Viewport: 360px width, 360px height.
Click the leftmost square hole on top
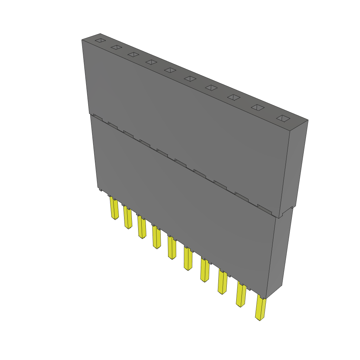100,40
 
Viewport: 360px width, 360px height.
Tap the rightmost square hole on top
283,119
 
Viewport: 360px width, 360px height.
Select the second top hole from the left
116,47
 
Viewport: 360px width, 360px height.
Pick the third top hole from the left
133,54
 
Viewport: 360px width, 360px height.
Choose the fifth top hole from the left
170,70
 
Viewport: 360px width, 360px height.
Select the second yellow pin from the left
128,218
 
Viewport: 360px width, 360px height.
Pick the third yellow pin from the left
142,228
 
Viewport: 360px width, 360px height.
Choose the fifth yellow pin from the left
172,248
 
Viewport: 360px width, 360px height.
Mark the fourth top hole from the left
151,62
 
